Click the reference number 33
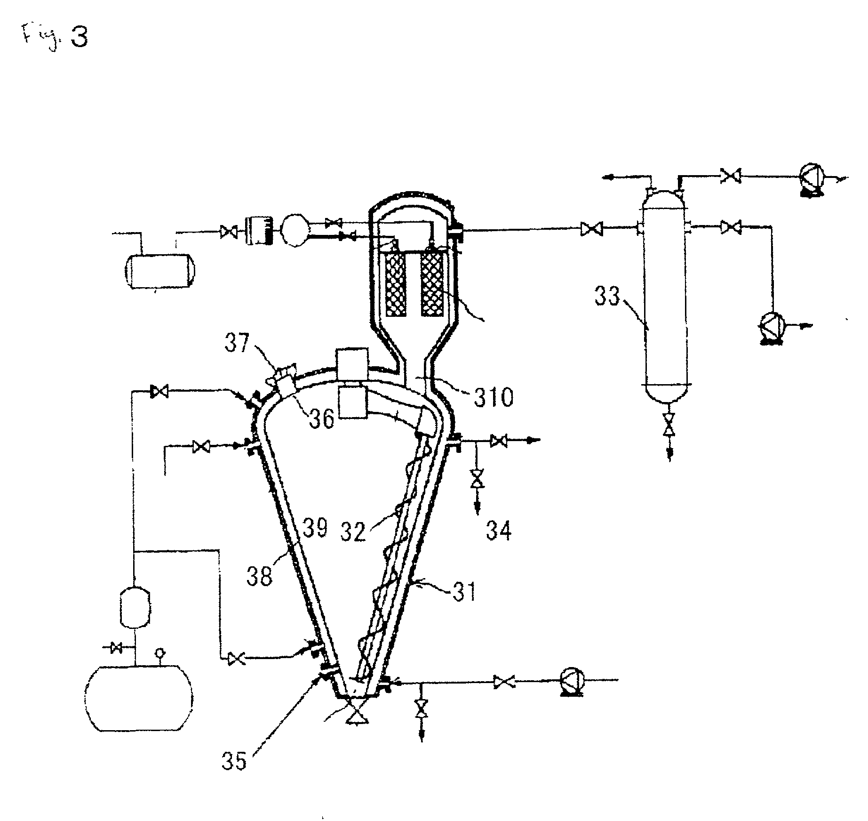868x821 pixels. coord(608,298)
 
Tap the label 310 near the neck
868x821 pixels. coord(493,398)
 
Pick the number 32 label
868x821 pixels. coord(354,532)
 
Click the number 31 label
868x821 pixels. coord(464,592)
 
